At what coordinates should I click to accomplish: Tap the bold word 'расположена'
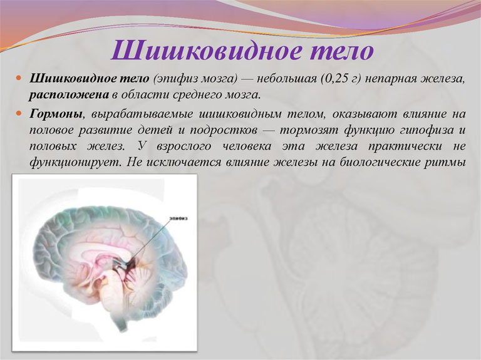[69, 95]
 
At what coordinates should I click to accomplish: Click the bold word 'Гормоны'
[57, 114]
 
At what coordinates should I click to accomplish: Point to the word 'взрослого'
[184, 147]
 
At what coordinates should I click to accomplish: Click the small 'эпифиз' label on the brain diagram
[178, 219]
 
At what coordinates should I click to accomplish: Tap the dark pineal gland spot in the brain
[132, 263]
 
